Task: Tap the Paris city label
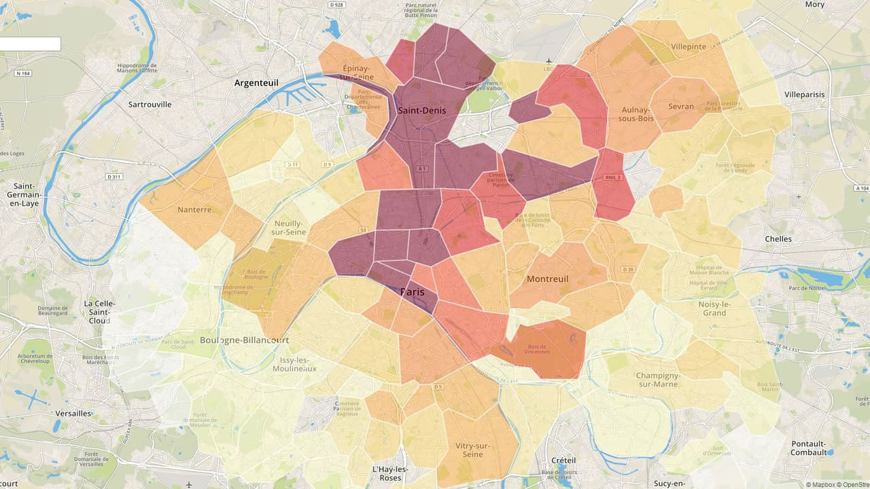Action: [x=412, y=292]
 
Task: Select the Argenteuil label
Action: [x=256, y=83]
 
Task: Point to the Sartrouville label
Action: [x=150, y=105]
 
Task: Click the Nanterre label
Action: [x=194, y=210]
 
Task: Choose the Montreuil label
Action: [x=547, y=279]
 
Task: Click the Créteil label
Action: [x=563, y=460]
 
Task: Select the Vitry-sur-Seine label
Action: [x=472, y=450]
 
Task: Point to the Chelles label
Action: [x=778, y=239]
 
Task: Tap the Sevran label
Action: [x=681, y=107]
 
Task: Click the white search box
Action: [x=30, y=44]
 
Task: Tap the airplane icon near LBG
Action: [x=549, y=61]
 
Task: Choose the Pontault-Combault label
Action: [x=809, y=448]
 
